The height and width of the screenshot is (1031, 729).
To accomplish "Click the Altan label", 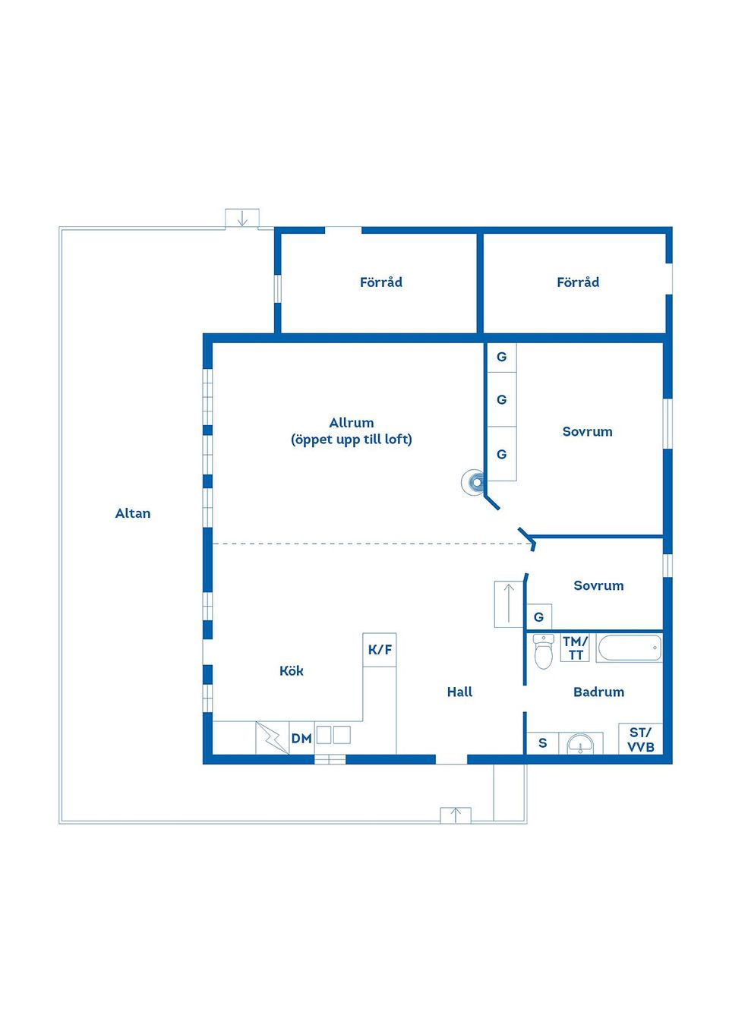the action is coord(133,513).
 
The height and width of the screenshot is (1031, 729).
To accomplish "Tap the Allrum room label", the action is coord(351,423).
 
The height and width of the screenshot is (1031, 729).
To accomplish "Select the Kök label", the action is coord(292,670).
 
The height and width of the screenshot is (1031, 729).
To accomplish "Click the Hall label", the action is coord(459,692).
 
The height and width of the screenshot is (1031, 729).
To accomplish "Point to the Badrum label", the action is coord(598,692).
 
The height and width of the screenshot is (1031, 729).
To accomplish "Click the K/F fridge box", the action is coord(379,650).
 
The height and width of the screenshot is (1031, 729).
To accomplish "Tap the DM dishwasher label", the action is coord(301,738).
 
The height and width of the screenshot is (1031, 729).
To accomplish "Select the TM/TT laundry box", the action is coord(575,648).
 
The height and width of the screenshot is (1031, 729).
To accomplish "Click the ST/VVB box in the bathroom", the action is coord(640,739).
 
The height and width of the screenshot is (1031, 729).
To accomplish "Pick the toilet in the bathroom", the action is coord(544,651).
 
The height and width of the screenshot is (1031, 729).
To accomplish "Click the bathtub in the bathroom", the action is coord(629,648).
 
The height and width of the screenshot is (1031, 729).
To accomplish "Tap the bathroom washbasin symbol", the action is coord(580,743).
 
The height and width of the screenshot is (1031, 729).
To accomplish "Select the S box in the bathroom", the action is coord(543,743).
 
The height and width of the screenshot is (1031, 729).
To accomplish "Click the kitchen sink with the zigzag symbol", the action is coord(272,738).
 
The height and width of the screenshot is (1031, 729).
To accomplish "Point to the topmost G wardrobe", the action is coord(502,357).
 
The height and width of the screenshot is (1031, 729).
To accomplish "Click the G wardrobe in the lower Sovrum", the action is coord(539,616).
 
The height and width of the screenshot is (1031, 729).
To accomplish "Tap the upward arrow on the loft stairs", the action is coord(509,604).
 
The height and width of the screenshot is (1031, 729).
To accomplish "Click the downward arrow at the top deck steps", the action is coord(242,218).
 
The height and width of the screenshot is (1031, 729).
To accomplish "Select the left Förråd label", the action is coord(381,282).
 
